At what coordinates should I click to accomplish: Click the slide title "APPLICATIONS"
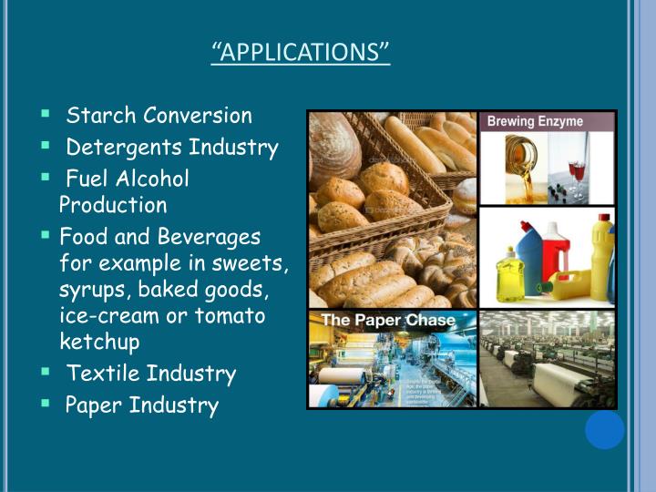(301, 51)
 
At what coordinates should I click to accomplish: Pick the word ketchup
(99, 343)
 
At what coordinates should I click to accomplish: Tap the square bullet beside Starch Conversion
(45, 115)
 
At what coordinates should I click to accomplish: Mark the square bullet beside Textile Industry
(45, 373)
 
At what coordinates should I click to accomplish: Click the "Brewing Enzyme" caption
(535, 121)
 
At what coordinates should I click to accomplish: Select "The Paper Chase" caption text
(374, 321)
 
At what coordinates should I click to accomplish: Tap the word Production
(114, 205)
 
